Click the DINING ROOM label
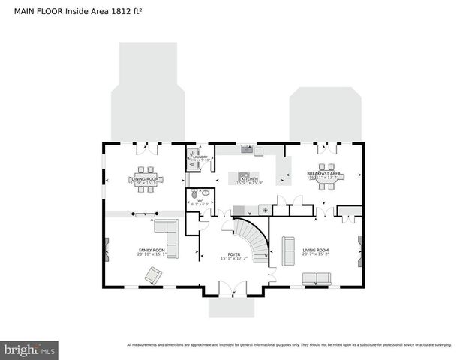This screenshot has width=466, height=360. coord(145,179)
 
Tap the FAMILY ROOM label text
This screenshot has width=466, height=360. coord(151,250)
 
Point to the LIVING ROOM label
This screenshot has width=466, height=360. coord(316,250)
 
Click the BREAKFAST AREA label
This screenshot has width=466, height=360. coord(324,174)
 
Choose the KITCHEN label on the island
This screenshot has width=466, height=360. coord(249,179)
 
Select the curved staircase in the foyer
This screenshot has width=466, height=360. coord(253,240)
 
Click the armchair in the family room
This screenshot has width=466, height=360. coord(153,275)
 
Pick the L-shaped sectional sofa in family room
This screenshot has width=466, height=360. coord(168,239)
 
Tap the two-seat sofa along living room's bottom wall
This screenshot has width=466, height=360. coord(316,278)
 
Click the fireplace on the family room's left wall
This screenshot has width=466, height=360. coord(107,250)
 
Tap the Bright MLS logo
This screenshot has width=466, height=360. coord(30,349)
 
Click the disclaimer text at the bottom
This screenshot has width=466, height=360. coord(289,345)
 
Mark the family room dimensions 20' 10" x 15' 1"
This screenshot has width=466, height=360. coord(151,255)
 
